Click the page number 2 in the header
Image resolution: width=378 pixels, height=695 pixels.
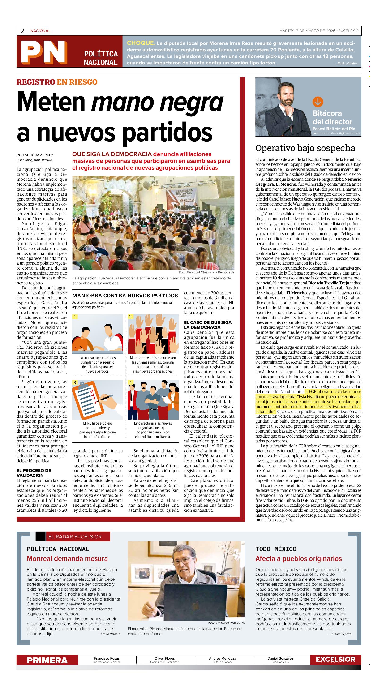pyautogui.click(x=22, y=31)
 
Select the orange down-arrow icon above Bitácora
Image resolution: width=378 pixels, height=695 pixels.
pyautogui.click(x=318, y=102)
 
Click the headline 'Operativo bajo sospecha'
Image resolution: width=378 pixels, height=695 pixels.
pyautogui.click(x=305, y=148)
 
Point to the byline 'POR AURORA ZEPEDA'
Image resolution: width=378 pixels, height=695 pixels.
pyautogui.click(x=35, y=155)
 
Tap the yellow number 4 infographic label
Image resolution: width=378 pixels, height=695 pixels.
pyautogui.click(x=131, y=382)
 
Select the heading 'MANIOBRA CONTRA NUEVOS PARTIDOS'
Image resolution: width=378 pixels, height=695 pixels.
pyautogui.click(x=125, y=296)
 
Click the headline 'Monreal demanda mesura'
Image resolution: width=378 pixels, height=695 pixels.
pyautogui.click(x=67, y=558)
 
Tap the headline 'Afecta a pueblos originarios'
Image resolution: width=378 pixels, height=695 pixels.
pyautogui.click(x=298, y=558)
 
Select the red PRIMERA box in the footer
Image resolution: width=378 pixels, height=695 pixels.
pyautogui.click(x=47, y=660)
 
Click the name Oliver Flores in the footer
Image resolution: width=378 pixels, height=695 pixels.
pyautogui.click(x=165, y=658)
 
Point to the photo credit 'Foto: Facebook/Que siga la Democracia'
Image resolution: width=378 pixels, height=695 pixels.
pyautogui.click(x=206, y=272)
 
